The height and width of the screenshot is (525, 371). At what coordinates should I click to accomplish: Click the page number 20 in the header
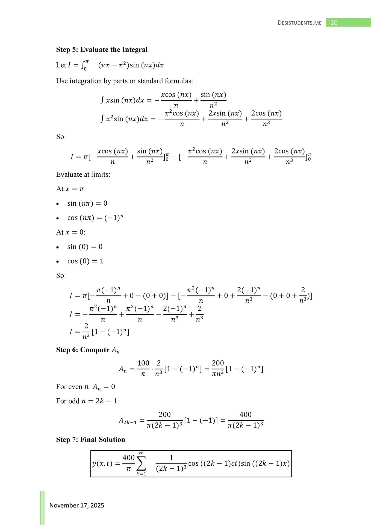click(x=334, y=23)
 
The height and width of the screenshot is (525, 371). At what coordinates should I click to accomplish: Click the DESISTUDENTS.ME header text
click(x=299, y=23)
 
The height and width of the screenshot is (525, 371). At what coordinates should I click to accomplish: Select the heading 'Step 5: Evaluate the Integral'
click(x=102, y=49)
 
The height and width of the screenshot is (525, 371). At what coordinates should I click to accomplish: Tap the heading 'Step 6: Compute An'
click(x=88, y=350)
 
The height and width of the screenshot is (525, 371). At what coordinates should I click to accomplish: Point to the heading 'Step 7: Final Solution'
click(x=90, y=439)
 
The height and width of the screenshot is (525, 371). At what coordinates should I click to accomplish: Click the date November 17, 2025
click(x=77, y=505)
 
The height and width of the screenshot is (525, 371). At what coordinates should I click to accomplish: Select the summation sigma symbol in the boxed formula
click(x=141, y=464)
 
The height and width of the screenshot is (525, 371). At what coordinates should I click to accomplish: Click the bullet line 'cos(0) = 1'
click(x=85, y=261)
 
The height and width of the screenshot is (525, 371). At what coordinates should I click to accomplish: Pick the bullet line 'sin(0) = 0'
click(x=85, y=247)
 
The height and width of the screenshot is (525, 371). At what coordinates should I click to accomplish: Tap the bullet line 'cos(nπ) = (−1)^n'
click(x=95, y=218)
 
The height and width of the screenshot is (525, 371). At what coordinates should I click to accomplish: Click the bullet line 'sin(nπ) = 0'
click(x=87, y=203)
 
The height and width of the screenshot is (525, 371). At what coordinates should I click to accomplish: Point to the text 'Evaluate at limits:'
click(x=83, y=174)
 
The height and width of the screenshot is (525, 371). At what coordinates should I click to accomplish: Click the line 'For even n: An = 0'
click(x=86, y=387)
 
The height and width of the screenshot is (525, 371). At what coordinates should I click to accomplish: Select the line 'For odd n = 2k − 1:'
click(x=87, y=401)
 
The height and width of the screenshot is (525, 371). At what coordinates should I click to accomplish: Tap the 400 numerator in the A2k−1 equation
click(x=245, y=415)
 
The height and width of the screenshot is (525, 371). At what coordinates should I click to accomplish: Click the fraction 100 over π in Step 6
click(x=143, y=368)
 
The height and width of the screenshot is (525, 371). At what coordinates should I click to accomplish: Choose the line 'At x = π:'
click(x=71, y=189)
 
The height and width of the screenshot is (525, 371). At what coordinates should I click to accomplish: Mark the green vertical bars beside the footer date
click(x=42, y=507)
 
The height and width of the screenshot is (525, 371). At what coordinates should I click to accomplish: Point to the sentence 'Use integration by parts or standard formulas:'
click(x=125, y=81)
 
